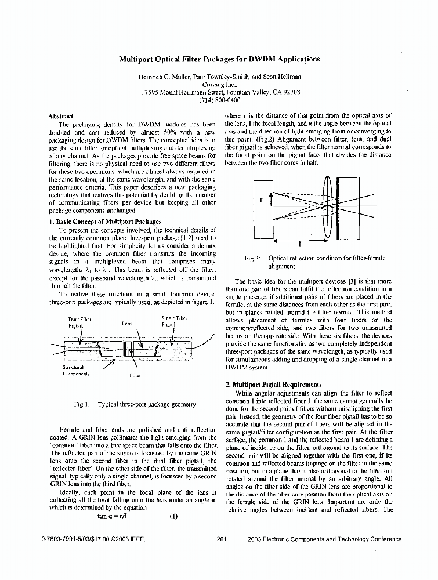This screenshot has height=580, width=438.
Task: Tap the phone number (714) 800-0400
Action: tap(220, 100)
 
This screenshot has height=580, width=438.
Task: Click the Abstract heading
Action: tap(61, 117)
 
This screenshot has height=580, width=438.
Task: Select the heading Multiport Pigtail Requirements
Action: tap(273, 384)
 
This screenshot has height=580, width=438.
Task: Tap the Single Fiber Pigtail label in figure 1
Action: tap(173, 321)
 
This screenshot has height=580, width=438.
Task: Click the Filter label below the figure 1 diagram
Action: tap(134, 375)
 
